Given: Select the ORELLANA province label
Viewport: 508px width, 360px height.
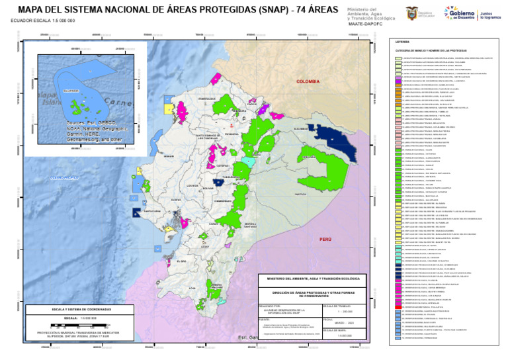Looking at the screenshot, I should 309,157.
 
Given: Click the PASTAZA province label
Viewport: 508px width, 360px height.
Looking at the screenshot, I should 300,195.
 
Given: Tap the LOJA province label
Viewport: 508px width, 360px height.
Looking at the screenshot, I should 192,288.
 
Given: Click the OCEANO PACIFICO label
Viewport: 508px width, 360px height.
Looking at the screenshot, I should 64,177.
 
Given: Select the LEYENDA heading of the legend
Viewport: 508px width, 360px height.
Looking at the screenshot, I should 402,41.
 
